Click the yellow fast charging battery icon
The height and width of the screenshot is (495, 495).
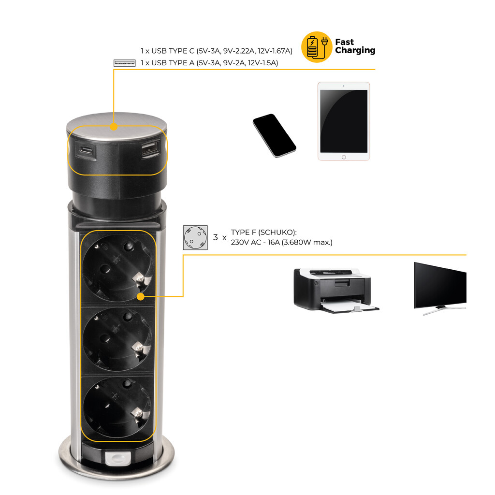(x=317, y=47)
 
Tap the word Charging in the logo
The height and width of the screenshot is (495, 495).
(x=355, y=51)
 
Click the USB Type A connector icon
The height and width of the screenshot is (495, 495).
(x=124, y=63)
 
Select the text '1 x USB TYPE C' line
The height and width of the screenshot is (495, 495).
(x=217, y=51)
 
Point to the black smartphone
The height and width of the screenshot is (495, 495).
(x=274, y=135)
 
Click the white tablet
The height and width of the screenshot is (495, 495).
(x=344, y=121)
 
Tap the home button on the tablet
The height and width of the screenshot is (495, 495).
(x=344, y=157)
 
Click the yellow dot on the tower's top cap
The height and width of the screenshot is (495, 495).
(x=114, y=127)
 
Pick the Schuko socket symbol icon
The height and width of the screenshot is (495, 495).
(x=195, y=237)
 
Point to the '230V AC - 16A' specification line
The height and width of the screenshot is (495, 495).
(x=281, y=242)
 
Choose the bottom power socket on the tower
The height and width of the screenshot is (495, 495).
(x=117, y=406)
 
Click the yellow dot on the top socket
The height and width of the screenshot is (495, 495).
(x=141, y=296)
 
